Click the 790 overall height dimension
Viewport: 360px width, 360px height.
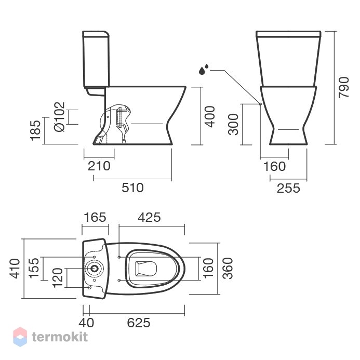point(344,87)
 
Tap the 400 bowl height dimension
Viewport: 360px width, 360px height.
point(210,116)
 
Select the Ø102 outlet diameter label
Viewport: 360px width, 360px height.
point(59,117)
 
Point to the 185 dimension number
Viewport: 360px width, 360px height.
point(35,130)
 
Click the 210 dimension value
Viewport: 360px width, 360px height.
point(99,166)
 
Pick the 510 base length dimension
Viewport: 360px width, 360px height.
point(132,188)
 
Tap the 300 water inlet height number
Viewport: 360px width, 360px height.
point(233,124)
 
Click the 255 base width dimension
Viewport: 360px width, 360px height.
point(288,188)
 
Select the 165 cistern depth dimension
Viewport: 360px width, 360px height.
point(95,217)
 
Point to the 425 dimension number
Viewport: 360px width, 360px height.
point(149,217)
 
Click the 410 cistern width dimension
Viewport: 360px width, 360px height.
point(15,269)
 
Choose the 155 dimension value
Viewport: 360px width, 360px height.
point(34,268)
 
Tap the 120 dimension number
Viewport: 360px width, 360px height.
point(57,278)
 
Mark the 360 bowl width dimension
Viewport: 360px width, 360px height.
point(228,269)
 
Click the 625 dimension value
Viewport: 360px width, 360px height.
point(139,323)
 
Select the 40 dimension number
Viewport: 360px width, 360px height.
point(86,323)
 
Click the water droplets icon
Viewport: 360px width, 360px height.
point(203,69)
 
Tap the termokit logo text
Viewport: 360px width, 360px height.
point(60,337)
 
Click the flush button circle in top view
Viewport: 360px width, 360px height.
point(94,269)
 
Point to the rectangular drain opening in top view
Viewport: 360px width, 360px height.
point(146,269)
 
